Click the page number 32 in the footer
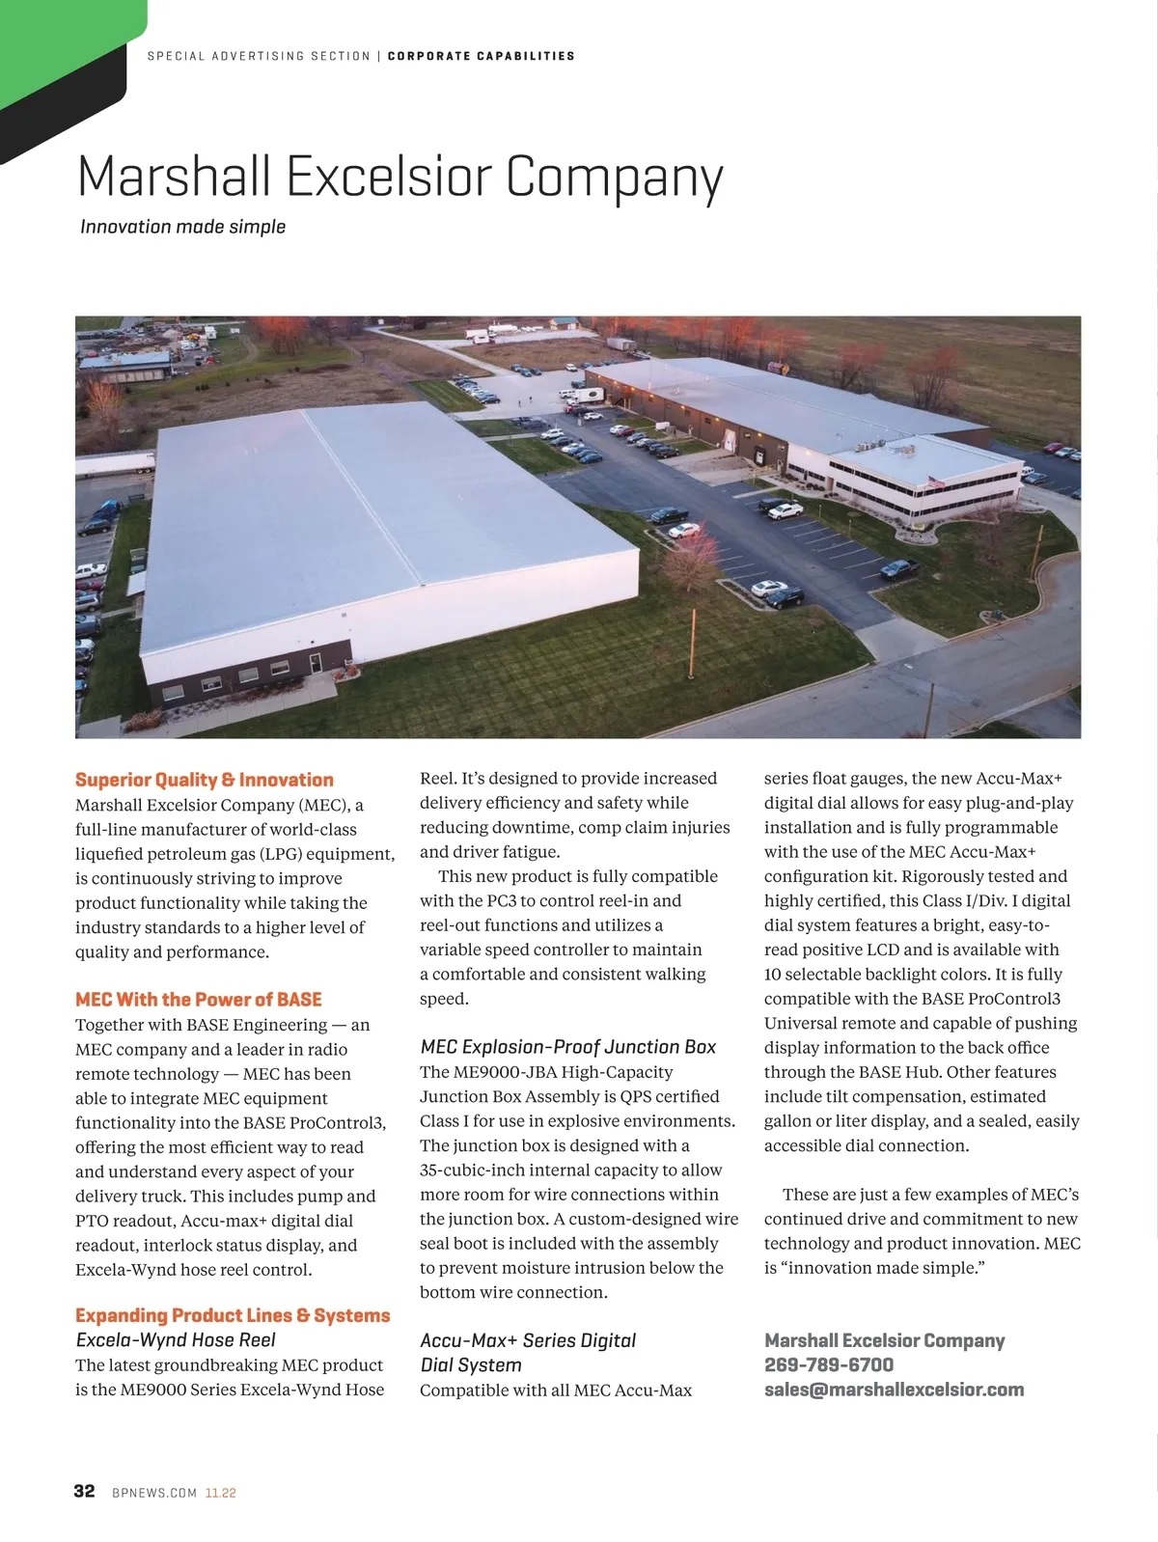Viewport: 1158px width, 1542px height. tap(84, 1491)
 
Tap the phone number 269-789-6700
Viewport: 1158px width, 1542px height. tap(828, 1364)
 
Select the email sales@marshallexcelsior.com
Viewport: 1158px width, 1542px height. tap(894, 1390)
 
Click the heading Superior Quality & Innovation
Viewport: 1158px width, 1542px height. tap(204, 780)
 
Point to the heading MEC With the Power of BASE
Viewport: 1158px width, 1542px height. tap(198, 1000)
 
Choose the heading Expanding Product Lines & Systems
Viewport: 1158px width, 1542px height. tap(233, 1315)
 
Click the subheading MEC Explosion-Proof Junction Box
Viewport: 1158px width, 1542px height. tap(567, 1047)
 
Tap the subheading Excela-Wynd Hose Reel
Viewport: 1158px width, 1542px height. tap(175, 1340)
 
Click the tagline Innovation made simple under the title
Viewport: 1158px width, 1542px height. tap(182, 227)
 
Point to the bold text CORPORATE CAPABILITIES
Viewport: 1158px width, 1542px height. tap(481, 56)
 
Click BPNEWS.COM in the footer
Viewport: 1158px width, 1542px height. tap(154, 1493)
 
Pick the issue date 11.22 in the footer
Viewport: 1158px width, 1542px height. tap(220, 1493)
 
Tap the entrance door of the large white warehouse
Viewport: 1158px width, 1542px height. tap(315, 664)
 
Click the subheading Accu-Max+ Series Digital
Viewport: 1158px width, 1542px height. tap(527, 1340)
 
